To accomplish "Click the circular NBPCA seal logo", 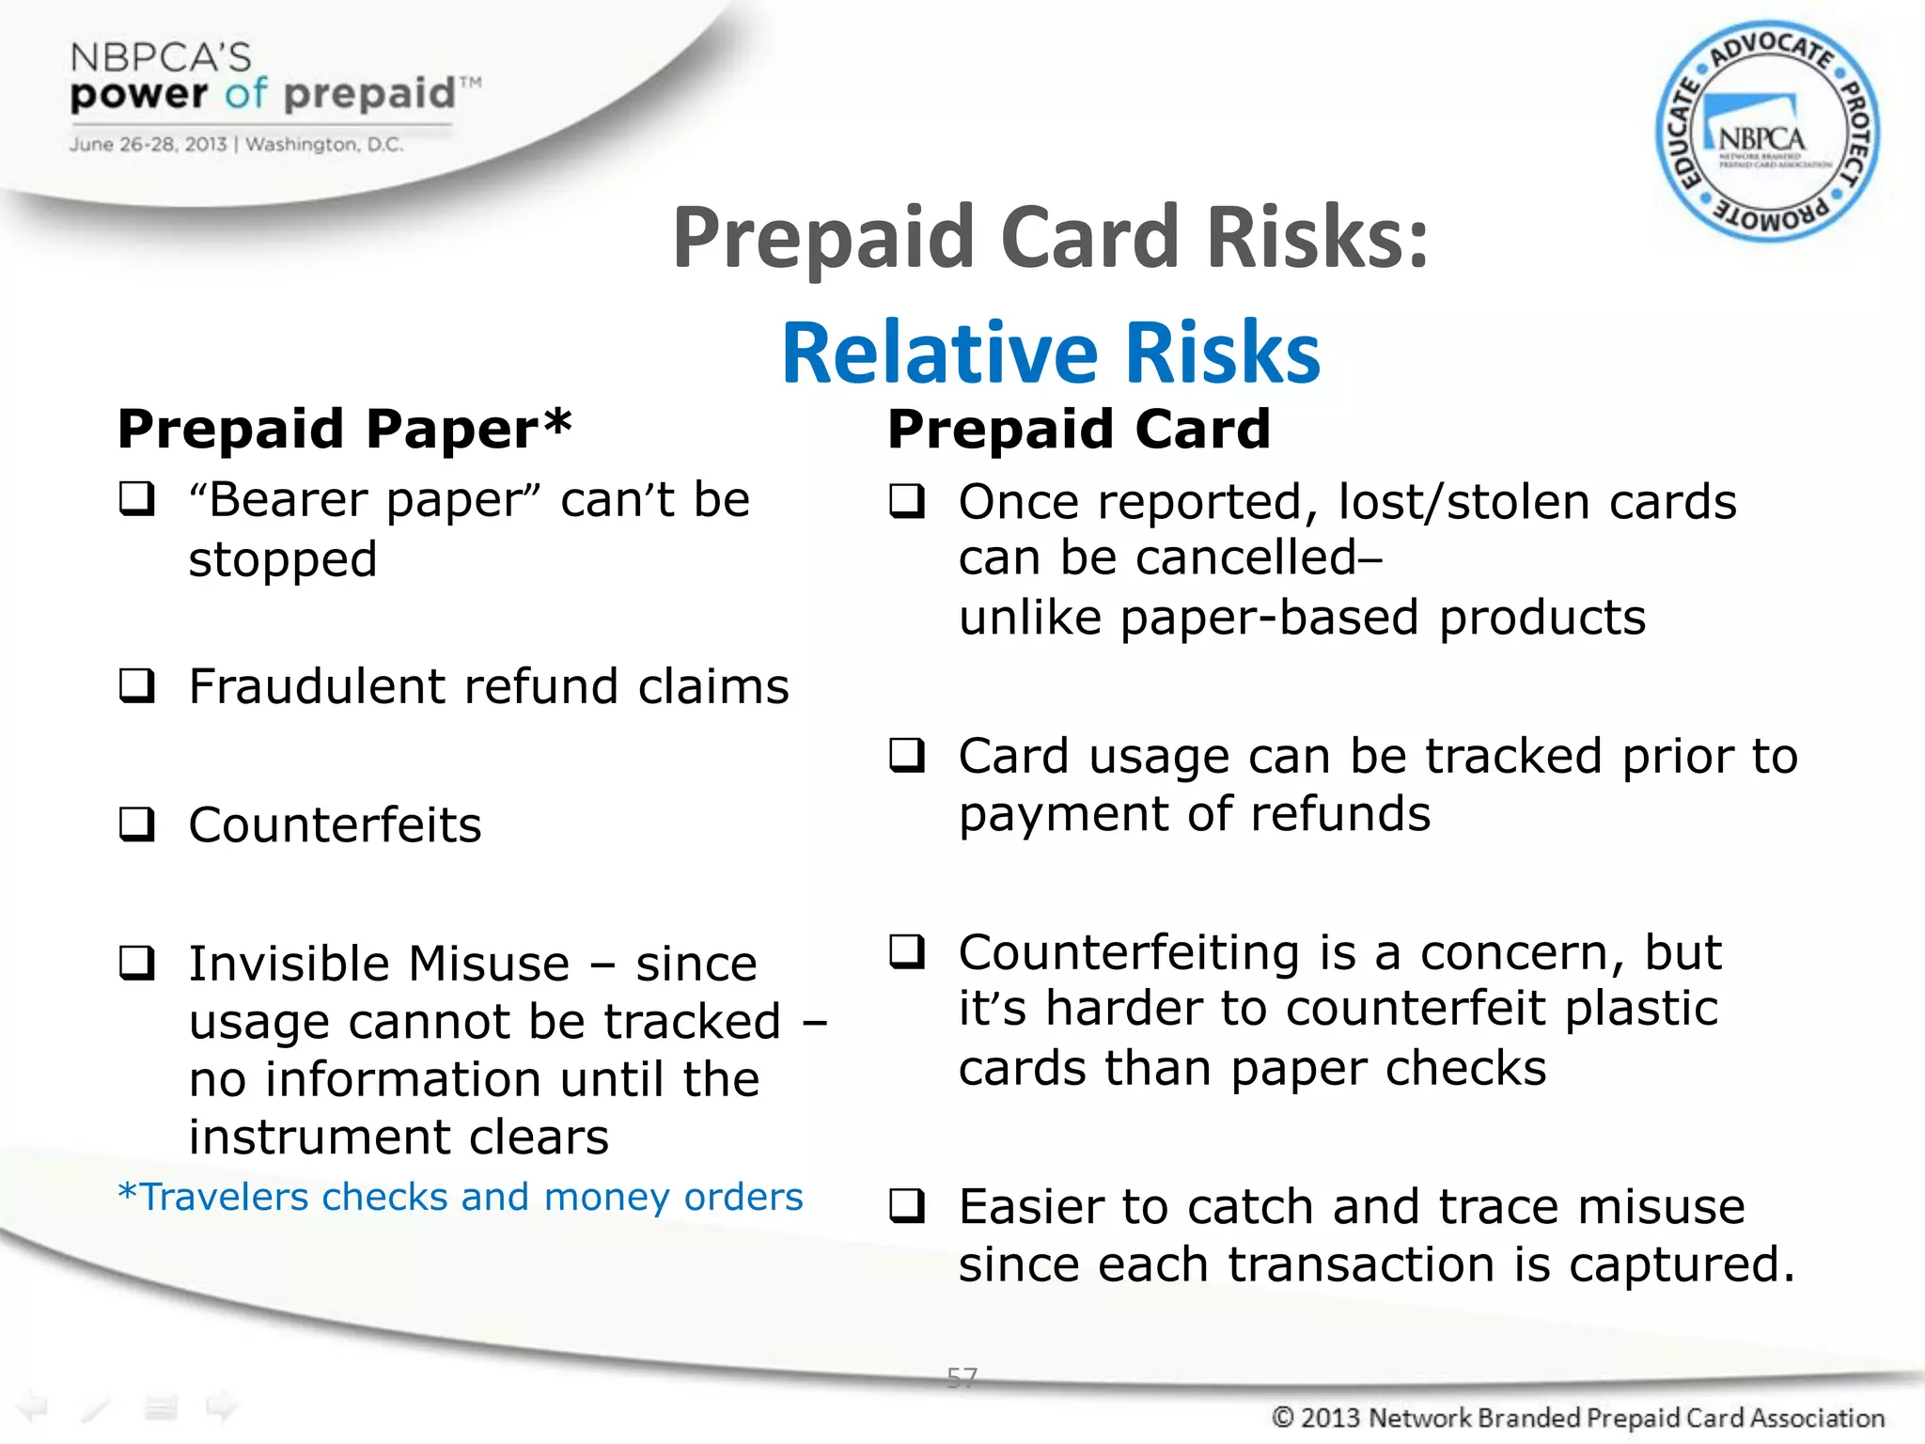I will pyautogui.click(x=1767, y=132).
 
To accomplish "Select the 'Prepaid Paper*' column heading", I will pyautogui.click(x=344, y=429).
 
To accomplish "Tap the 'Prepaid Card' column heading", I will pyautogui.click(x=1079, y=429).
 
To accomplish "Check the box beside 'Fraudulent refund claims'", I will pyautogui.click(x=137, y=685).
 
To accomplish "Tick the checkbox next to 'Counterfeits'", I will pyautogui.click(x=137, y=824).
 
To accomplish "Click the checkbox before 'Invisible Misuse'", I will pyautogui.click(x=137, y=963).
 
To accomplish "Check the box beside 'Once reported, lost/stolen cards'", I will pyautogui.click(x=908, y=501).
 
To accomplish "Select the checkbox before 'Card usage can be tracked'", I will pyautogui.click(x=908, y=755).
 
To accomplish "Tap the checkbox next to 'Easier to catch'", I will pyautogui.click(x=908, y=1205).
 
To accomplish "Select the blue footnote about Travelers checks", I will pyautogui.click(x=461, y=1197).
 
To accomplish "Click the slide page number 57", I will pyautogui.click(x=962, y=1377).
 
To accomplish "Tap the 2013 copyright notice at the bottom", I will pyautogui.click(x=1577, y=1417).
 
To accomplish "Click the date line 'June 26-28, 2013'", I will pyautogui.click(x=148, y=145).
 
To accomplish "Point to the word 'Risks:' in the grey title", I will pyautogui.click(x=1317, y=237).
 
